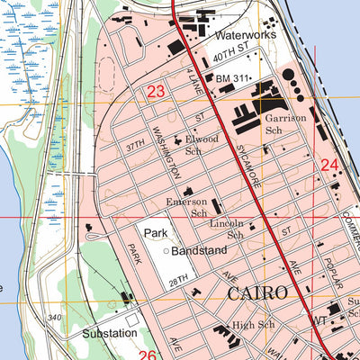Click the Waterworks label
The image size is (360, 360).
tap(243, 36)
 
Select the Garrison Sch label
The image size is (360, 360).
tap(285, 124)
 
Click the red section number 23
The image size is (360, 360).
tap(156, 91)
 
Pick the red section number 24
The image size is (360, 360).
tap(328, 165)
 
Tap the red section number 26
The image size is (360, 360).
tap(148, 355)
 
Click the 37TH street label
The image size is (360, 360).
tap(135, 143)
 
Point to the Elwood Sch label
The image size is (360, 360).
tap(202, 146)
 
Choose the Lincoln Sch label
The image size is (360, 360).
tap(227, 229)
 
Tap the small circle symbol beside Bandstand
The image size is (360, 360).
tap(166, 250)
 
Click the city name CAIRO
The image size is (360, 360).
tap(257, 292)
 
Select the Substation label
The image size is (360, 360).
tap(109, 332)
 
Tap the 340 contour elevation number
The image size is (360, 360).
tap(55, 317)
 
